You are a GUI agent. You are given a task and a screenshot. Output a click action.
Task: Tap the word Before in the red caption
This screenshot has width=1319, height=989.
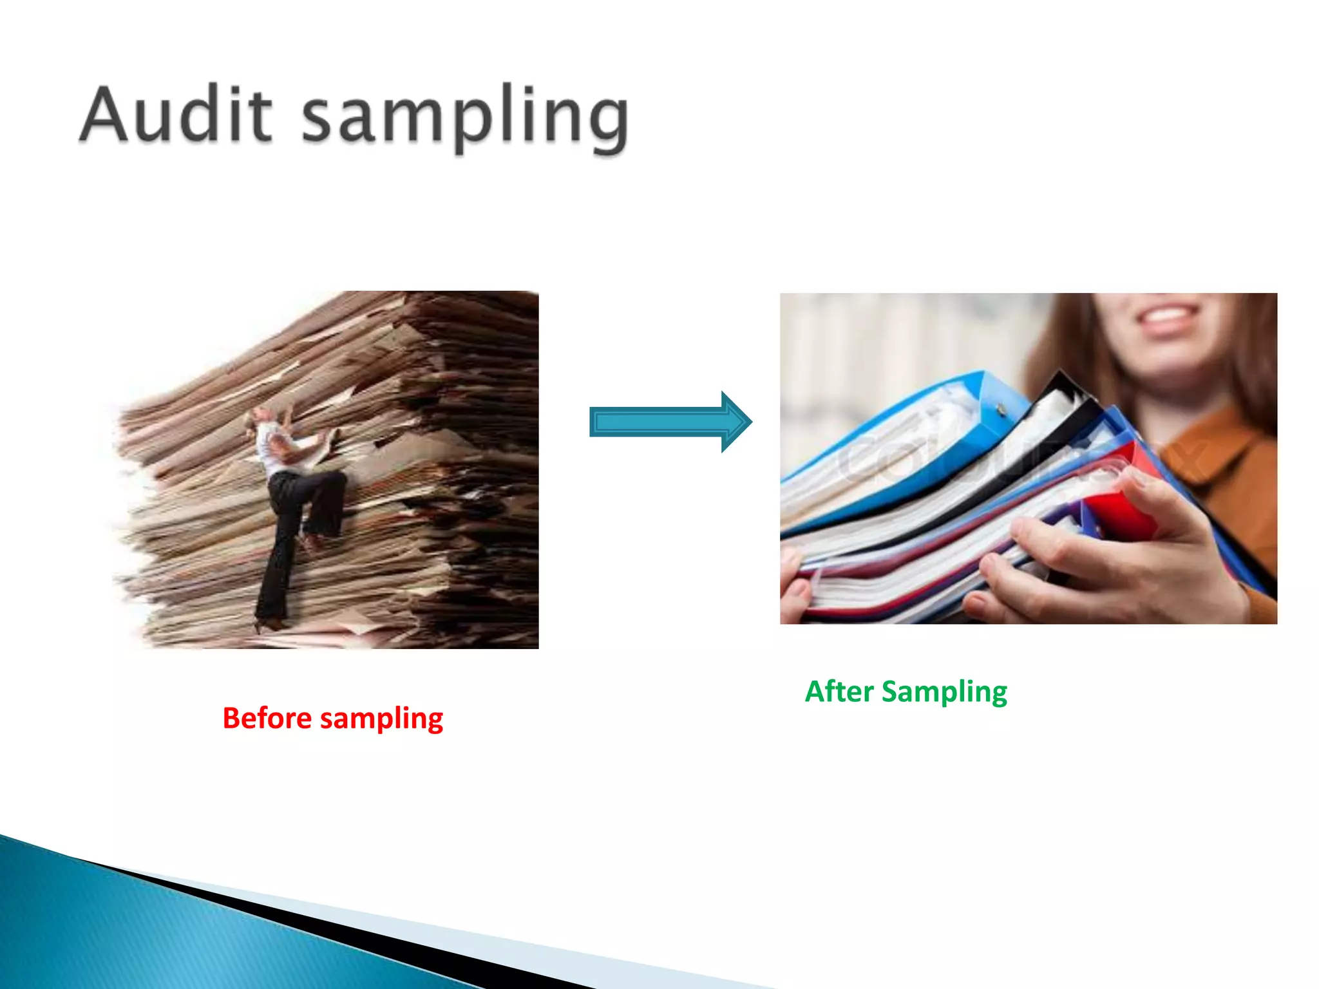tap(267, 718)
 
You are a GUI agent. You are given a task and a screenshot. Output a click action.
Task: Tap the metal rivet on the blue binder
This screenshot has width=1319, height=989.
tap(1000, 410)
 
